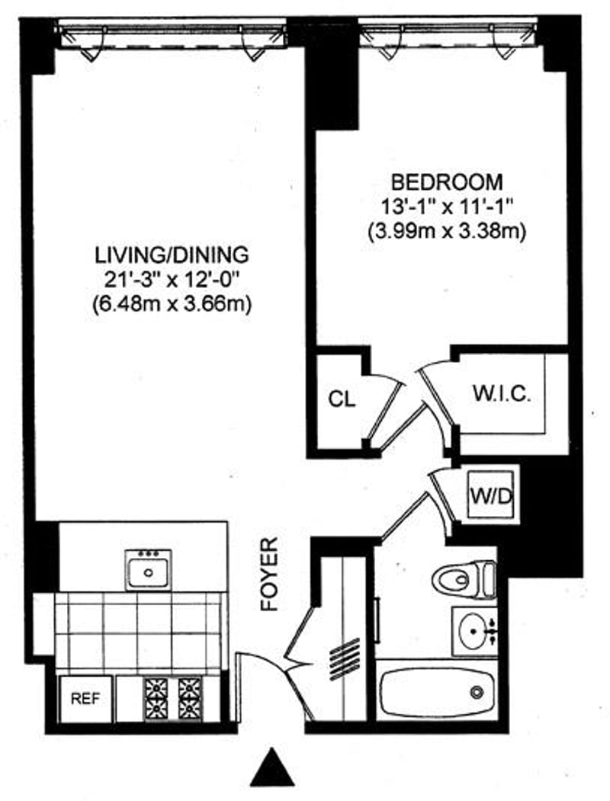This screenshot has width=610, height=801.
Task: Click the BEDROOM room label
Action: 447,182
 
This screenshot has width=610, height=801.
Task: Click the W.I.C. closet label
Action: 501,396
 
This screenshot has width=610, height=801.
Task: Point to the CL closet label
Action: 342,399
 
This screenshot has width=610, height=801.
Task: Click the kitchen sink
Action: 149,569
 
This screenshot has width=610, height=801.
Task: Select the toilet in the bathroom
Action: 464,579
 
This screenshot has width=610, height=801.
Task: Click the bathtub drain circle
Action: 477,692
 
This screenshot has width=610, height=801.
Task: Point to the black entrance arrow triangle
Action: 272,767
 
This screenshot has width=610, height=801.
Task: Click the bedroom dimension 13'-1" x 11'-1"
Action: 447,206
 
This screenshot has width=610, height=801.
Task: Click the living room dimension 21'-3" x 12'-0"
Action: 172,279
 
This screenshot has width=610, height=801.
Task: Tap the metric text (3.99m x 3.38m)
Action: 447,230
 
